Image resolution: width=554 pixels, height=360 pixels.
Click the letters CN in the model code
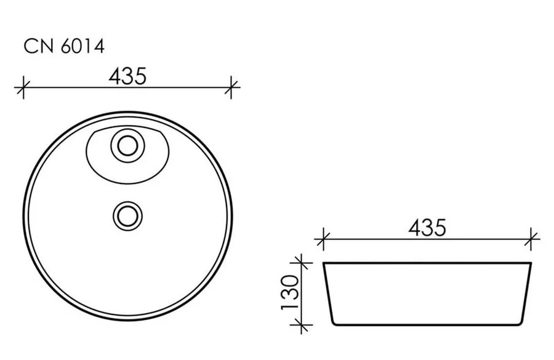point(38,47)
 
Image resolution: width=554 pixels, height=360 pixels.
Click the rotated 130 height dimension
point(290,292)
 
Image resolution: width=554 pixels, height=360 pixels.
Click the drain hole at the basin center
point(127,215)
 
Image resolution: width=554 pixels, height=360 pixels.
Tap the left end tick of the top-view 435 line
point(23,87)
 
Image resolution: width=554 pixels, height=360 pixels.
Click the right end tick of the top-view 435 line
point(231,87)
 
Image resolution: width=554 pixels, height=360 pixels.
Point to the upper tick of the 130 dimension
point(301,263)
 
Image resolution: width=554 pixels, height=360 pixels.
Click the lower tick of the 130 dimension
point(301,324)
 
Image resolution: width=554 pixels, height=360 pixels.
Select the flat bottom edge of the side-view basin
point(427,324)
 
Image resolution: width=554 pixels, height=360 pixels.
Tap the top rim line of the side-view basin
point(427,263)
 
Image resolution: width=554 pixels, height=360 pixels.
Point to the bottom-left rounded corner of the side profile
point(333,322)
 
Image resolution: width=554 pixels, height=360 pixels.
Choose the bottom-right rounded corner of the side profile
point(522,322)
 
